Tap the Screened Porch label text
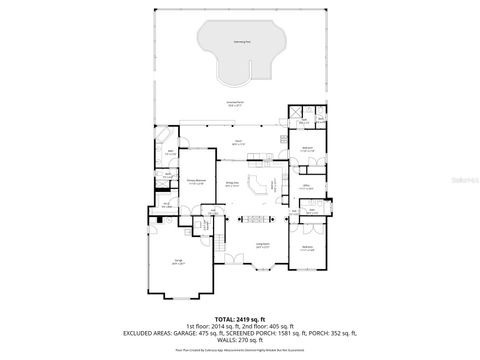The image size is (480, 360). (236, 103)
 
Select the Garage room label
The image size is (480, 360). (177, 262)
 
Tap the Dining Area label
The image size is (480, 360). (231, 183)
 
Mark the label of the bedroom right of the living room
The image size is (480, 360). (307, 247)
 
